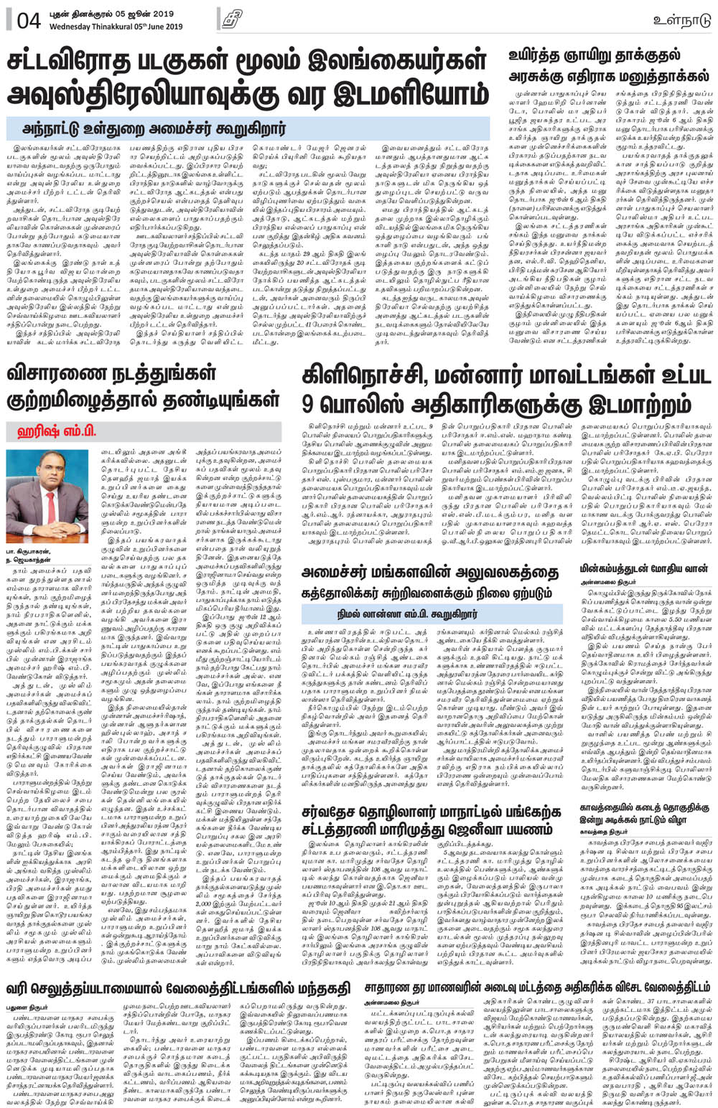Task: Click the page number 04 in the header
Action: pyautogui.click(x=27, y=19)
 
